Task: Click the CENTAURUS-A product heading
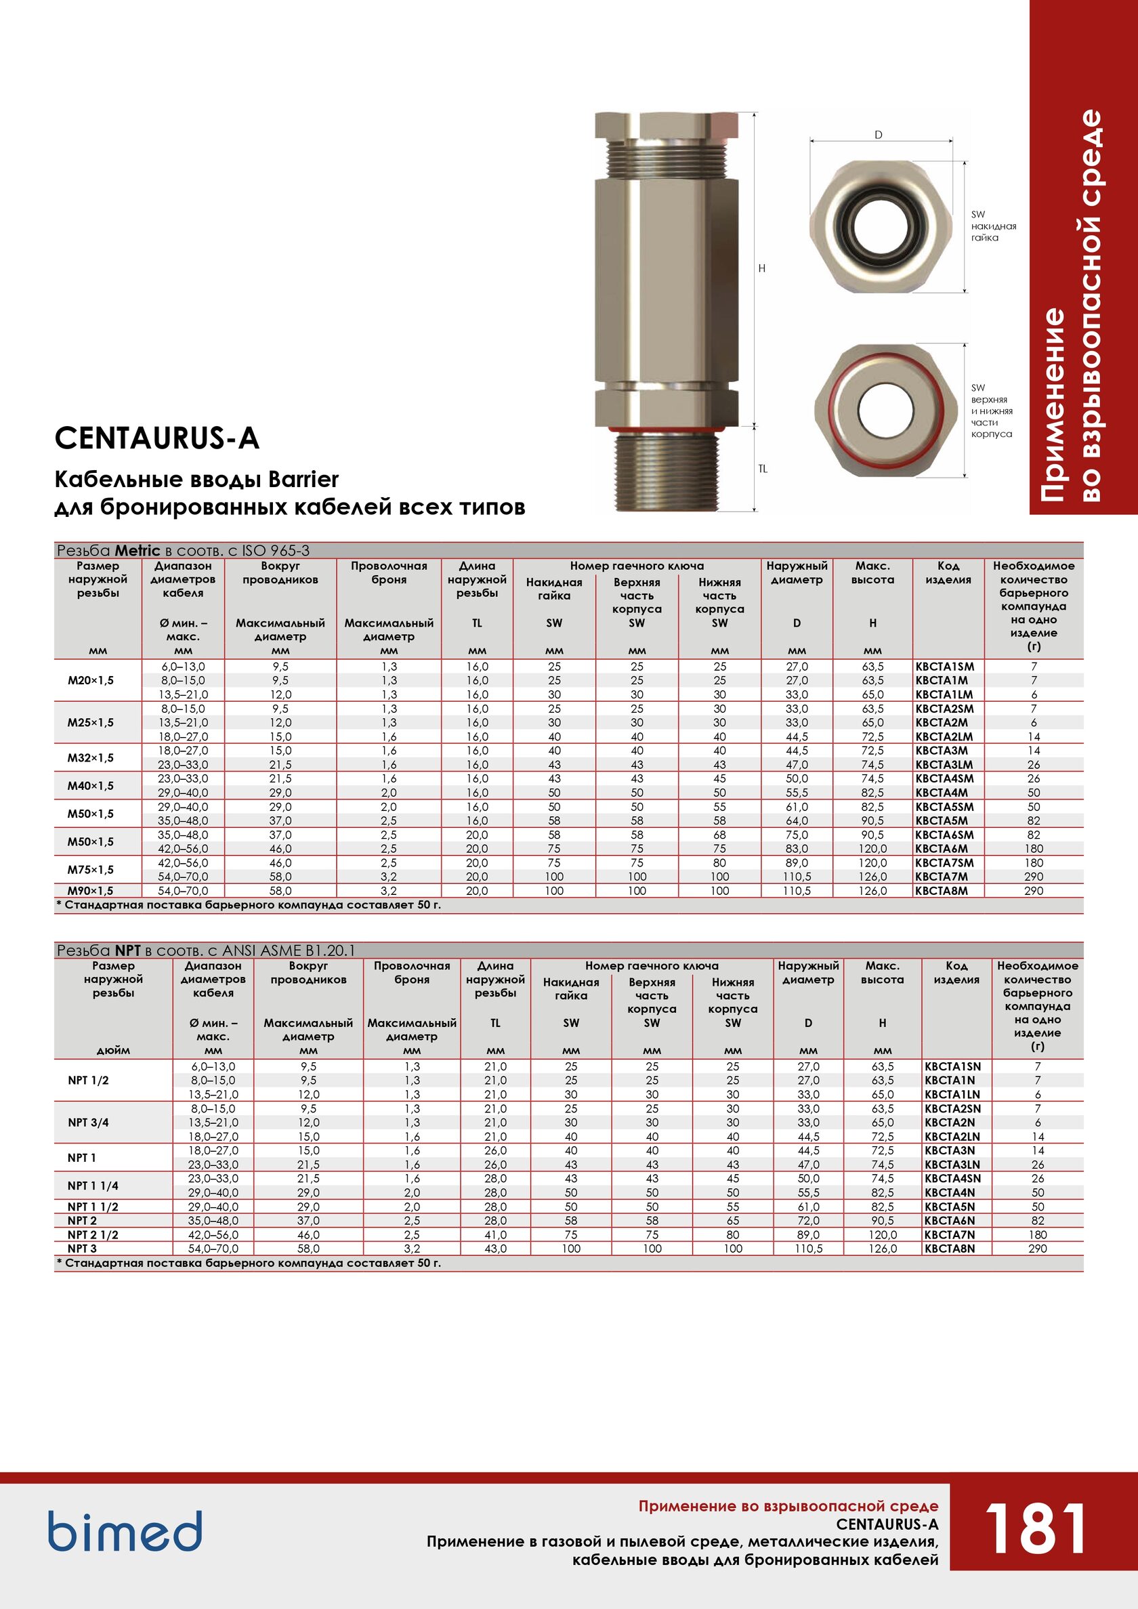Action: click(x=157, y=439)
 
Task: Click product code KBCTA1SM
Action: click(x=944, y=667)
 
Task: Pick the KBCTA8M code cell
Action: click(x=941, y=891)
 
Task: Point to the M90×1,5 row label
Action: click(x=90, y=891)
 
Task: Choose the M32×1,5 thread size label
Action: click(x=90, y=757)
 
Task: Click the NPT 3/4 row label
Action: click(x=88, y=1122)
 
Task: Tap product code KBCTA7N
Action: click(x=950, y=1234)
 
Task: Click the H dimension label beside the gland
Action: click(x=761, y=268)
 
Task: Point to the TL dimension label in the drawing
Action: click(x=763, y=469)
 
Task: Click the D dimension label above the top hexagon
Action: click(x=879, y=135)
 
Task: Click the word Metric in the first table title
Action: click(x=138, y=551)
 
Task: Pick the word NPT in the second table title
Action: click(x=128, y=950)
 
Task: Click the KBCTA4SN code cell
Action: click(x=952, y=1178)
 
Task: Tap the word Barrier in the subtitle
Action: click(x=303, y=480)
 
